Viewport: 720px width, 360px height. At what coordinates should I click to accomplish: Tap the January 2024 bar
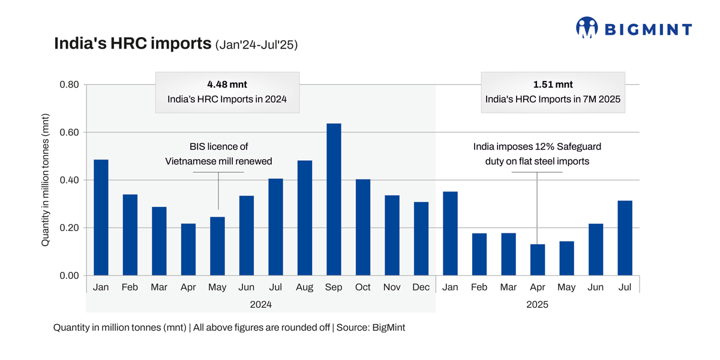pyautogui.click(x=101, y=217)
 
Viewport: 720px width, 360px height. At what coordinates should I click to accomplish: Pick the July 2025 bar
pyautogui.click(x=625, y=238)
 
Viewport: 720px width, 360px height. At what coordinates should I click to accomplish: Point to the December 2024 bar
pyautogui.click(x=421, y=238)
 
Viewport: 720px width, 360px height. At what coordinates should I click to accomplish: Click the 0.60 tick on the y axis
pyautogui.click(x=69, y=132)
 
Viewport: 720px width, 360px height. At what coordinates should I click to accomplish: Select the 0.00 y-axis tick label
pyautogui.click(x=69, y=275)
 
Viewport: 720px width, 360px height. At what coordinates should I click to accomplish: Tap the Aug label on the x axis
pyautogui.click(x=304, y=287)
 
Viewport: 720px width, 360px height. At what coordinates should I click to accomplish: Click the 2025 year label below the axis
pyautogui.click(x=537, y=305)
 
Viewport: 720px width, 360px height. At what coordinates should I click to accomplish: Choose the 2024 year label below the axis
pyautogui.click(x=260, y=305)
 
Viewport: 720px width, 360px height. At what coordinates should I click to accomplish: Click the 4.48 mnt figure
pyautogui.click(x=227, y=85)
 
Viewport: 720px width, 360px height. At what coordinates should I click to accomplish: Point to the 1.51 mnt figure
pyautogui.click(x=553, y=85)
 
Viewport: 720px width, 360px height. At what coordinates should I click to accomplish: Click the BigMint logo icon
pyautogui.click(x=587, y=28)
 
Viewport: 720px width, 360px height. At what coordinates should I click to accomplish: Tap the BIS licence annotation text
pyautogui.click(x=218, y=154)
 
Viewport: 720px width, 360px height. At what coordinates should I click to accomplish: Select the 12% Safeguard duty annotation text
pyautogui.click(x=537, y=154)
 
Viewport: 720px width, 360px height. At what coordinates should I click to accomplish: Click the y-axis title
pyautogui.click(x=46, y=180)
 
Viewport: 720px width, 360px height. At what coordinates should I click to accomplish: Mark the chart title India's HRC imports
pyautogui.click(x=133, y=44)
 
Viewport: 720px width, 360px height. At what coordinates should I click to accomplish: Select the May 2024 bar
pyautogui.click(x=217, y=246)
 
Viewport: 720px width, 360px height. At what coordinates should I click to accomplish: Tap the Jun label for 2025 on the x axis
pyautogui.click(x=595, y=287)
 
